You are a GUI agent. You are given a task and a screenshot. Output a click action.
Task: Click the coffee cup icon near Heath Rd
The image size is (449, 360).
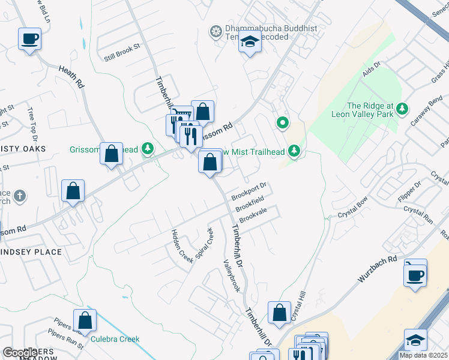click(29, 40)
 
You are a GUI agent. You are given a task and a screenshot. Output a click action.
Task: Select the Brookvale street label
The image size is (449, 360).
click(253, 216)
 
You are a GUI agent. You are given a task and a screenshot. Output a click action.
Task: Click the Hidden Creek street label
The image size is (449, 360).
click(182, 245)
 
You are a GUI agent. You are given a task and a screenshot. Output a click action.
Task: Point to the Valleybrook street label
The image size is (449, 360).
click(231, 275)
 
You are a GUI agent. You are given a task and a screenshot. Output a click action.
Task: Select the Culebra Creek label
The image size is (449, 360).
click(115, 339)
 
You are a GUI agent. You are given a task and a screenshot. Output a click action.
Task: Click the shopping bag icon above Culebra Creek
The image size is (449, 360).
click(85, 321)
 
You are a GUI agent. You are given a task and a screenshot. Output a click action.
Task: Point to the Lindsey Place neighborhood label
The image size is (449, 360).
click(31, 252)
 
